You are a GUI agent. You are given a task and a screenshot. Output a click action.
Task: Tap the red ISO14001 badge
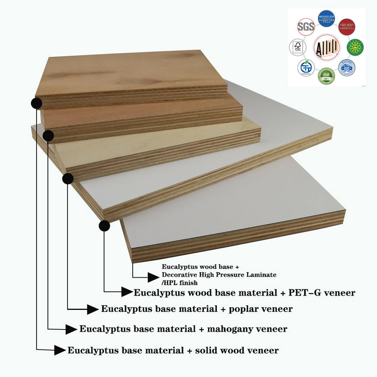(x=347, y=27)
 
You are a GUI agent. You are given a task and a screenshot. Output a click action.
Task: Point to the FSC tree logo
(x=297, y=48)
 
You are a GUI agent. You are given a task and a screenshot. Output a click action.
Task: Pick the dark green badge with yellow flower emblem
(x=355, y=48)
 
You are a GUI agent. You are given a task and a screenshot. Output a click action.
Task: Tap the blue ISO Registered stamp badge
(x=347, y=68)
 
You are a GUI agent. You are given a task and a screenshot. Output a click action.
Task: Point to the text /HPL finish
(x=180, y=282)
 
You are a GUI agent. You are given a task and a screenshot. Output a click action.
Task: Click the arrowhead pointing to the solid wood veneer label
(x=59, y=350)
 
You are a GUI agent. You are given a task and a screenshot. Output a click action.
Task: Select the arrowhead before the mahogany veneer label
(x=71, y=329)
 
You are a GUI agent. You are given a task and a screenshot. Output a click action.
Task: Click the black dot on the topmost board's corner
(x=37, y=103)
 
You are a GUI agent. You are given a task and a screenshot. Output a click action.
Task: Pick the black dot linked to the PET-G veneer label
(x=104, y=225)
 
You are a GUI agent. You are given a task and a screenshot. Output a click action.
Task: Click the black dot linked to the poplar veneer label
(x=68, y=179)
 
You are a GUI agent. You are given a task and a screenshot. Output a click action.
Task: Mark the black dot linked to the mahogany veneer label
(x=48, y=136)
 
